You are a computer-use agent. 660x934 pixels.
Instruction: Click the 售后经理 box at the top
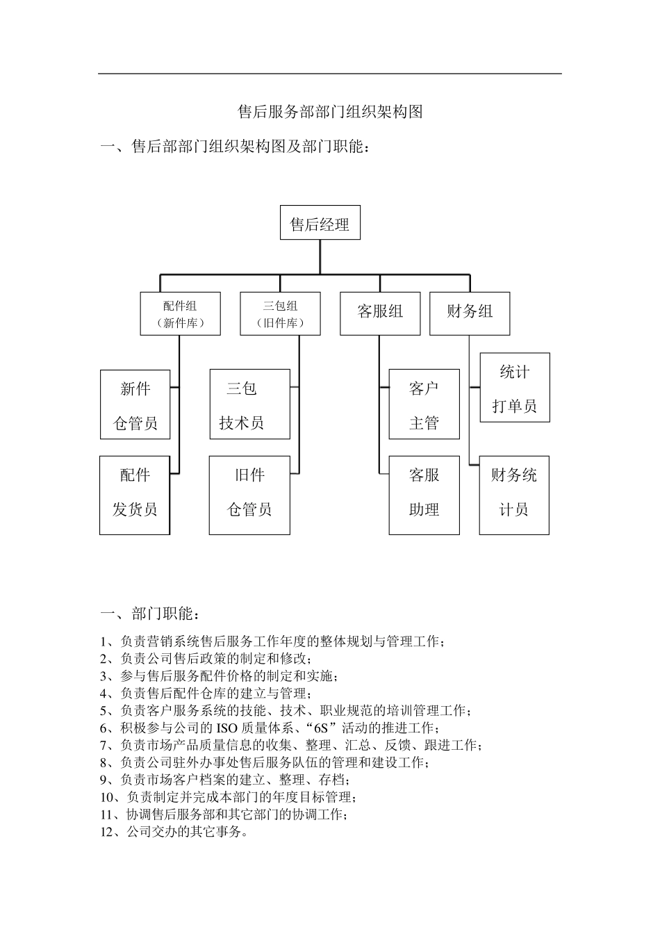320,223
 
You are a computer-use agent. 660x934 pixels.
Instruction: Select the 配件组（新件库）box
181,314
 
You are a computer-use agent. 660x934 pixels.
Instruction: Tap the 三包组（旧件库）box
280,314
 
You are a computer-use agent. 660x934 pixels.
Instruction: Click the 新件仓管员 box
135,404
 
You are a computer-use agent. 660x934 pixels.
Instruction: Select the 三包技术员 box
249,404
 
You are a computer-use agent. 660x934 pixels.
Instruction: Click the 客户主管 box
424,404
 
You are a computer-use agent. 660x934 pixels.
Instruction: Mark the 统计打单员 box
515,388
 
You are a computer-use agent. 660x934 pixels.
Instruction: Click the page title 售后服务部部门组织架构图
330,112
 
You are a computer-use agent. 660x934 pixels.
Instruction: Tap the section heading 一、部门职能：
153,614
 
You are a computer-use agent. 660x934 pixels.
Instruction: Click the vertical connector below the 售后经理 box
320,257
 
